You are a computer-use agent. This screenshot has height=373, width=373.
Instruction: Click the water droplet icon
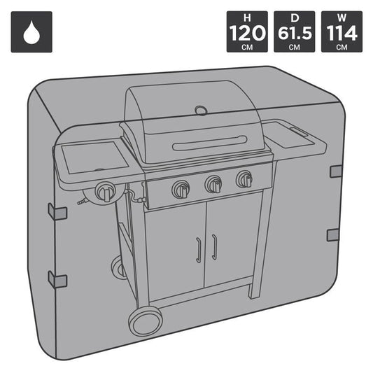click(x=31, y=32)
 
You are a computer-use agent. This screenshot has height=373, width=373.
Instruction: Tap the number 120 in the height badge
click(x=247, y=32)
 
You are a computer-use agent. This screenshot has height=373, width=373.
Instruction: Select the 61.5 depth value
click(x=295, y=32)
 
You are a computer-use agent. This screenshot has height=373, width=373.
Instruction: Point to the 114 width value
click(x=342, y=33)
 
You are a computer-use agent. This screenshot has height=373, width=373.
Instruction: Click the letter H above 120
click(x=247, y=17)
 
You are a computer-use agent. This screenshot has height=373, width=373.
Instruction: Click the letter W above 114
click(x=342, y=17)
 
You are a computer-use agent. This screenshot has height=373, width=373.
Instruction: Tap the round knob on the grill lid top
click(x=201, y=111)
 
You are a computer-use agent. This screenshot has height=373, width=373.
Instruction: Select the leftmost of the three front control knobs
click(x=181, y=189)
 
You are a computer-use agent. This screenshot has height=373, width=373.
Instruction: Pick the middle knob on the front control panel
click(x=213, y=184)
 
